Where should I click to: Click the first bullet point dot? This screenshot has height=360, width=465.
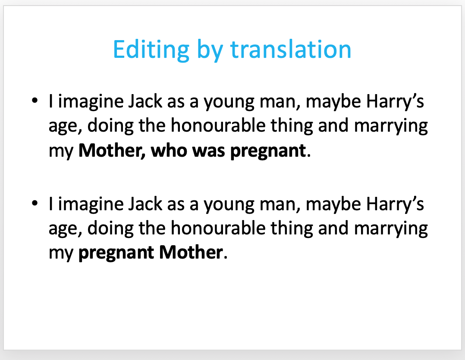point(35,100)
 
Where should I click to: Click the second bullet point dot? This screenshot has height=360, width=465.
point(35,203)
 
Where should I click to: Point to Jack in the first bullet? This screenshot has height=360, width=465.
point(145,101)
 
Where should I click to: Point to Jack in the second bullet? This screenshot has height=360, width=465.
point(145,204)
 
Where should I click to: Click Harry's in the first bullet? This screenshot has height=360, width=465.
point(395,101)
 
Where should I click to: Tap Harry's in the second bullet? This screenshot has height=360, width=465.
point(395,204)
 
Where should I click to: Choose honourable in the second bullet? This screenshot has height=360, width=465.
point(218,228)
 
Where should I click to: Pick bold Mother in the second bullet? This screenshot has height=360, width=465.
point(191,253)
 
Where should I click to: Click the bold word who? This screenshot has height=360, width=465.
point(169,150)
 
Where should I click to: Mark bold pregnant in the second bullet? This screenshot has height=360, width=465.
point(116,253)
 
